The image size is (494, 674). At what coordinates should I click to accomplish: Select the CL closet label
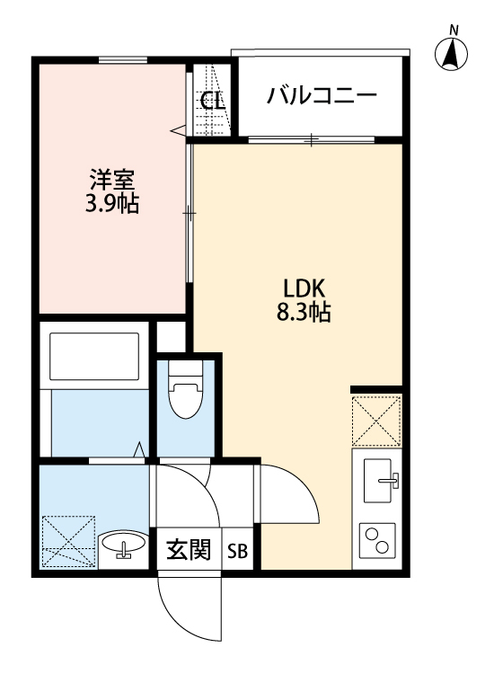(212, 101)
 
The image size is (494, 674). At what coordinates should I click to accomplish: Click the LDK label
(310, 289)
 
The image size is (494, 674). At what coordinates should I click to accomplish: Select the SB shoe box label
(238, 551)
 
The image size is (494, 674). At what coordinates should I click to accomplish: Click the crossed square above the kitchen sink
(376, 420)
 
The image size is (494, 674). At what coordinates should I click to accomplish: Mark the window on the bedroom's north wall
(123, 60)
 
